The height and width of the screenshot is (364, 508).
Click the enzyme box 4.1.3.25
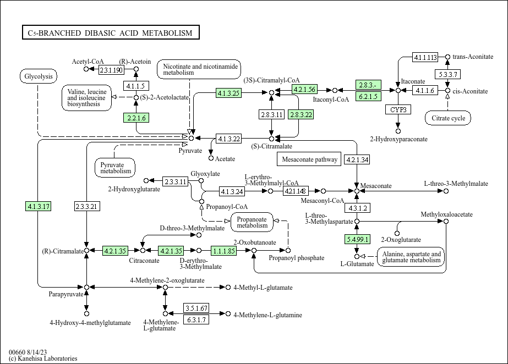pos(229,93)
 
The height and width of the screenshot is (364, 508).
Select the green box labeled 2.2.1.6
pos(136,118)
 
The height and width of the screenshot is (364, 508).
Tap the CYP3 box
pos(398,109)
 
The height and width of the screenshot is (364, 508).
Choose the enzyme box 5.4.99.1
pos(357,239)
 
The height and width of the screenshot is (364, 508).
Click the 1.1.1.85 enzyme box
pos(224,250)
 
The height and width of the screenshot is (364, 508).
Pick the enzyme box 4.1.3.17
pos(38,206)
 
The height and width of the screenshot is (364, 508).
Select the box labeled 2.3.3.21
pos(86,206)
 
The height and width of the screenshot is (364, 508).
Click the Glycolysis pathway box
pos(39,76)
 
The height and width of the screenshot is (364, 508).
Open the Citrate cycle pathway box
pos(448,118)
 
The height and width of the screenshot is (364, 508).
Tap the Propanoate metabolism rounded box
pos(252,222)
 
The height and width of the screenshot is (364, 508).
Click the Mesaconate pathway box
pos(309,159)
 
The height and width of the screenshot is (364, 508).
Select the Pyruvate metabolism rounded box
pos(115,168)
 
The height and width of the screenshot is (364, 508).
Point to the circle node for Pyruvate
pos(191,139)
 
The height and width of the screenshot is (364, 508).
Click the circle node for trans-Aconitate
pos(447,57)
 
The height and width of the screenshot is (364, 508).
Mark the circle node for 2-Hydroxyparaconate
pos(398,131)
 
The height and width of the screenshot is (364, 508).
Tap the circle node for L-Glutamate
pos(357,257)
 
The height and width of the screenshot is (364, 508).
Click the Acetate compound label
pos(225,159)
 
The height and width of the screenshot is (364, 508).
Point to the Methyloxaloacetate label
pos(446,214)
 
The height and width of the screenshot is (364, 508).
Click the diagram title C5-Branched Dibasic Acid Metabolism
pos(111,32)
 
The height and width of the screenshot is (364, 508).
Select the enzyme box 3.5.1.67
pos(196,308)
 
